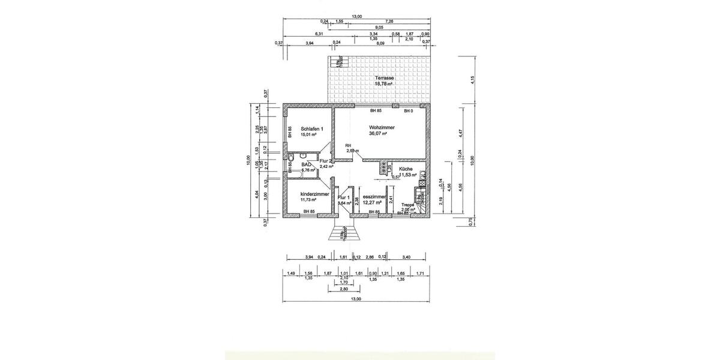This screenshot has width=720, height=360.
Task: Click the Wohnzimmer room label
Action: (382, 128)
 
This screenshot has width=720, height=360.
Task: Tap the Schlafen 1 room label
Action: (313, 129)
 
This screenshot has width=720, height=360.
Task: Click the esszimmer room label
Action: (374, 196)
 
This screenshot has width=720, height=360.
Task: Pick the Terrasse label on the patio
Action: (383, 79)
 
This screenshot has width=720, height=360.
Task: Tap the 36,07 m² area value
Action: (378, 134)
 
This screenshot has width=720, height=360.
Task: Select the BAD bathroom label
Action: (307, 164)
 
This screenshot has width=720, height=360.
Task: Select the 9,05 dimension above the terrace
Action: (379, 27)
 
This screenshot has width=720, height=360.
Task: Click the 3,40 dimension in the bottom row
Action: (406, 257)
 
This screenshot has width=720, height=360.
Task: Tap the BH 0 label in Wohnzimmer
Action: (407, 111)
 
